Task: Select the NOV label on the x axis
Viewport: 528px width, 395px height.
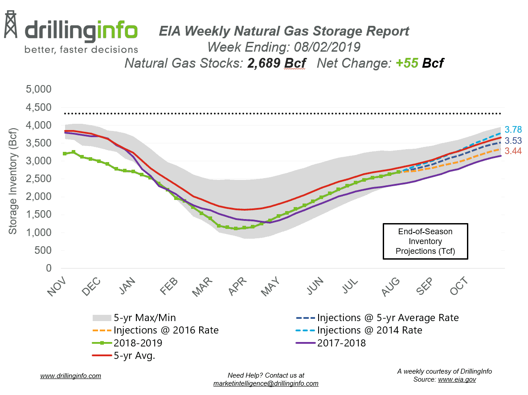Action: tap(57, 285)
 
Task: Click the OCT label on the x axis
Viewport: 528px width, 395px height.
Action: tap(459, 285)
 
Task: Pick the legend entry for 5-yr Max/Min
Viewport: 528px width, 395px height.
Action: tap(134, 318)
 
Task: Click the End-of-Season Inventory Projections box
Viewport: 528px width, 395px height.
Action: tap(426, 241)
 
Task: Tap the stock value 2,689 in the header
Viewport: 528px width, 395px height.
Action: tap(259, 63)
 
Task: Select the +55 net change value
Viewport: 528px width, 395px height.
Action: tap(406, 63)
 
